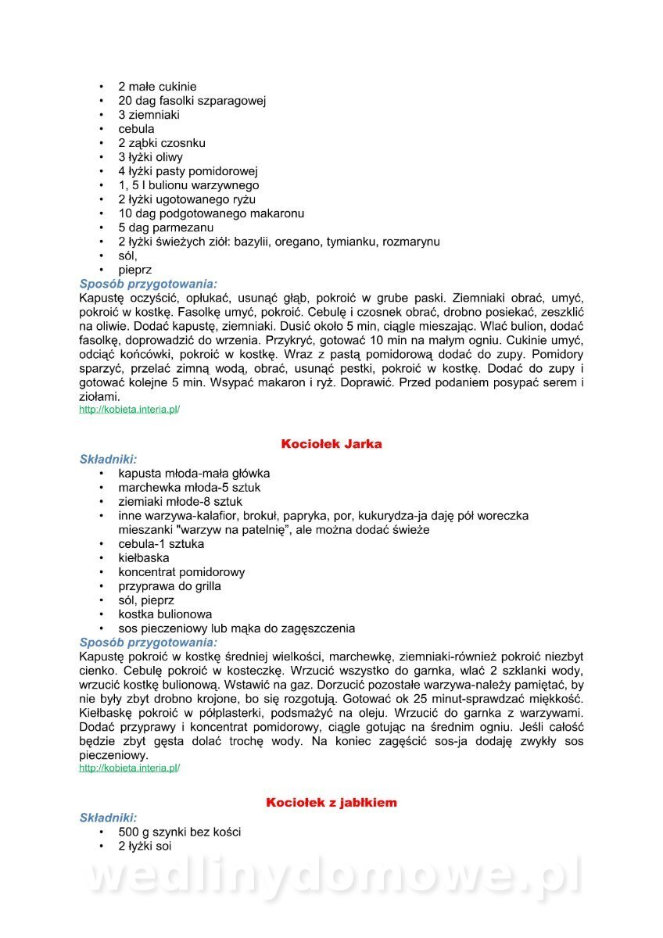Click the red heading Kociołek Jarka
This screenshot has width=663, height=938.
[331, 444]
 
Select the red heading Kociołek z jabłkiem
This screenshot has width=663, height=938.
[331, 803]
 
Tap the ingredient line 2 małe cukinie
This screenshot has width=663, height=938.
[157, 87]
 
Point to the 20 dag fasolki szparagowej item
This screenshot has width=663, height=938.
[192, 101]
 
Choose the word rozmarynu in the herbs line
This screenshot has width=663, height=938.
[410, 242]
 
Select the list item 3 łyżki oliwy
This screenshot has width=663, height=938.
[150, 157]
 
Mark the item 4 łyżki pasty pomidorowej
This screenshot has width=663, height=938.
[188, 171]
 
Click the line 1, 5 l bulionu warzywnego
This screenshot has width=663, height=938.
[188, 185]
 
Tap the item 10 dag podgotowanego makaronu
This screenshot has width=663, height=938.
[211, 213]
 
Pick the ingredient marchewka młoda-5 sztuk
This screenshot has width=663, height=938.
[189, 488]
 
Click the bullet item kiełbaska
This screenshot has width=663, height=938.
[143, 558]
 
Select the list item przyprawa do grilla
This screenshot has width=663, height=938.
[170, 586]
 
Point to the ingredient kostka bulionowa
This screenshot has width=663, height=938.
[165, 614]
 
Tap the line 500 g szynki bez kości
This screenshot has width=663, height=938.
[179, 832]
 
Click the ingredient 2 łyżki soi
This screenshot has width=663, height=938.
[145, 846]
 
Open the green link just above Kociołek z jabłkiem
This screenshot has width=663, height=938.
[129, 768]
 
